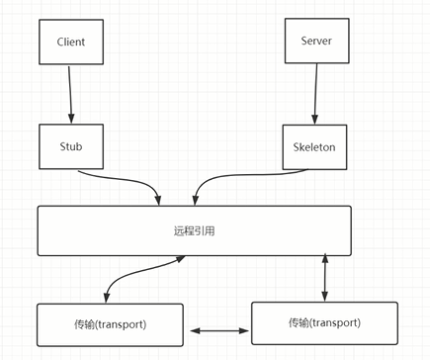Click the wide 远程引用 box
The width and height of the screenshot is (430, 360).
pyautogui.click(x=194, y=229)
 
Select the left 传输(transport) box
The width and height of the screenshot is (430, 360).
pyautogui.click(x=110, y=324)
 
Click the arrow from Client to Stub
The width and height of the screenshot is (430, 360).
pyautogui.click(x=71, y=96)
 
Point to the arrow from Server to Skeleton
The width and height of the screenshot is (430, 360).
pyautogui.click(x=315, y=96)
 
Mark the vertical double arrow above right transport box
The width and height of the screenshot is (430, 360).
pyautogui.click(x=325, y=277)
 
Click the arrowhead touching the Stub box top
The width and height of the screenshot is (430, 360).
pyautogui.click(x=72, y=120)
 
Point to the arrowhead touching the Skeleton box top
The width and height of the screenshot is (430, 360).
pyautogui.click(x=316, y=120)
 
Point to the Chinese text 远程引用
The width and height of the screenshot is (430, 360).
pyautogui.click(x=194, y=229)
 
